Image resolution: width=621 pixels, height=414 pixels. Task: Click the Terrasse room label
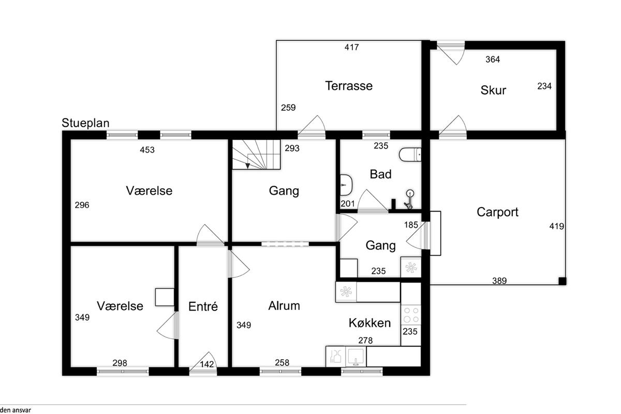point(348,86)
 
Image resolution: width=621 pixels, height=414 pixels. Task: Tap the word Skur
point(493,91)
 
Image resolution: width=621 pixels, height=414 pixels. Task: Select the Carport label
point(497,212)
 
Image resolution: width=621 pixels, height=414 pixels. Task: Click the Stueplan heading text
point(85,123)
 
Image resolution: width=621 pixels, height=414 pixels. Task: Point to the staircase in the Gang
point(256,154)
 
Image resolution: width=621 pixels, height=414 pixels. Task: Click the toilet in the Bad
point(411,154)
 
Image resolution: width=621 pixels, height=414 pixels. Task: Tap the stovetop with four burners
point(411,315)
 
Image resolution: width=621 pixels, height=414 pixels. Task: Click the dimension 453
point(147,151)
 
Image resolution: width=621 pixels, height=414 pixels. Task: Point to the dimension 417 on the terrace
point(352,48)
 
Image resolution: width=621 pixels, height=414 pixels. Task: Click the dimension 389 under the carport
point(499,281)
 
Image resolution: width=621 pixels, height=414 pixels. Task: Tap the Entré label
point(203,306)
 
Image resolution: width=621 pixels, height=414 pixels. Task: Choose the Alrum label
point(284,306)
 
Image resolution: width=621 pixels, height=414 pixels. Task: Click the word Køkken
point(369,323)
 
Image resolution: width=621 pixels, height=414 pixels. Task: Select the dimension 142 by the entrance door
point(207,364)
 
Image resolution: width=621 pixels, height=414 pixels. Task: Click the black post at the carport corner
point(562,281)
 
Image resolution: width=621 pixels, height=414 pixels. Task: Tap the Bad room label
point(380,174)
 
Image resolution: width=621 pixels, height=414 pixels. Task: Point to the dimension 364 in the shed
point(493,60)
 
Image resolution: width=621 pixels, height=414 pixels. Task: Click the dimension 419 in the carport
point(557,226)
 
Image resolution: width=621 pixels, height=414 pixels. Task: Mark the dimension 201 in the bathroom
point(348,204)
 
